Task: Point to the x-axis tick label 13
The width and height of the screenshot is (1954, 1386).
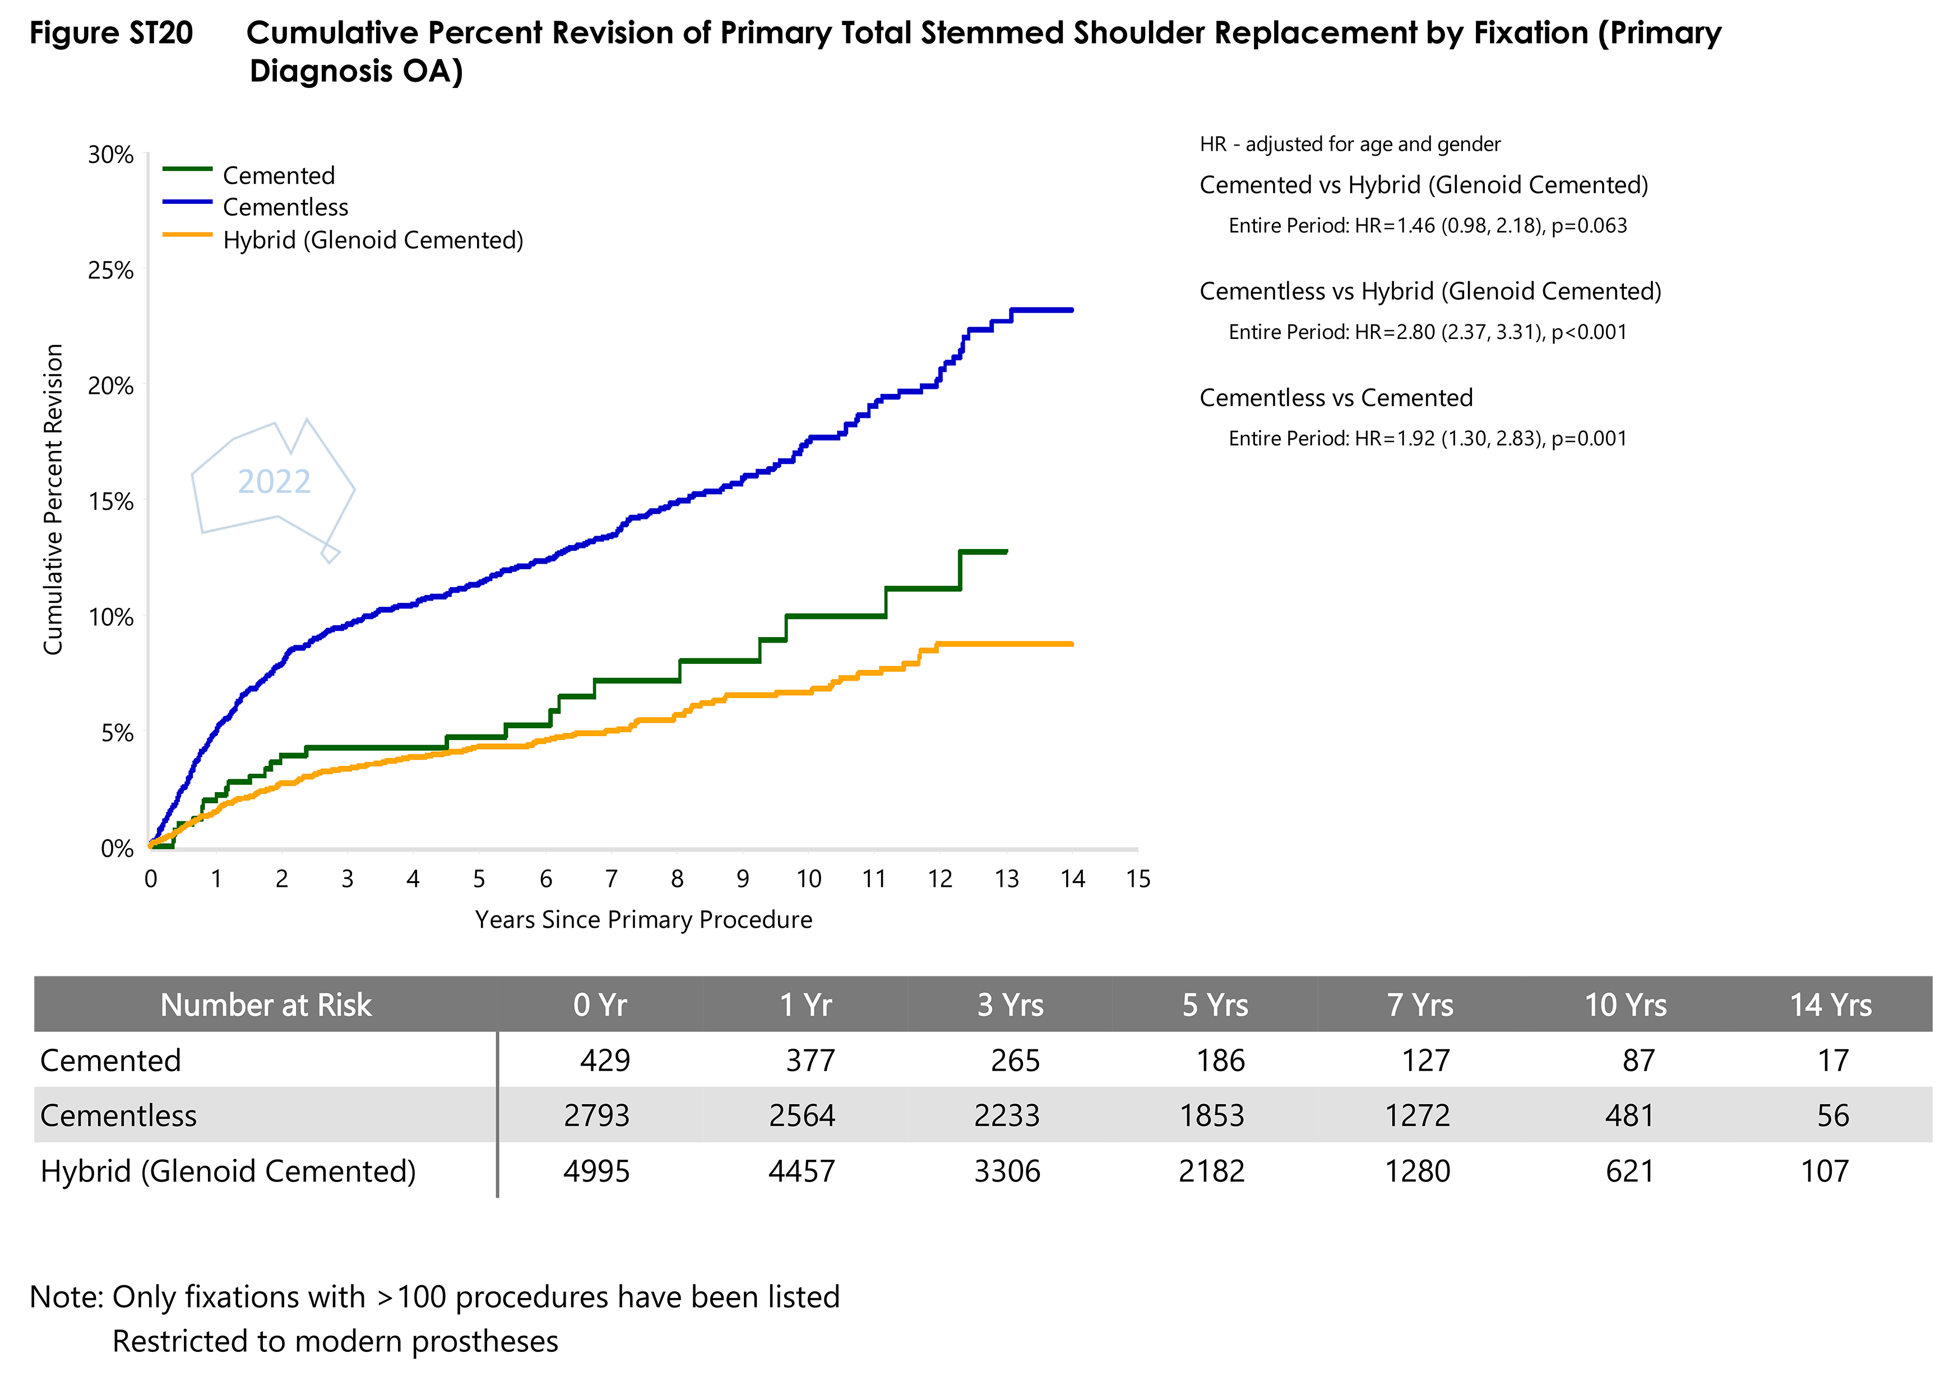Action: [x=1007, y=879]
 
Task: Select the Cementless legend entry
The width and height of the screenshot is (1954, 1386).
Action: [x=285, y=207]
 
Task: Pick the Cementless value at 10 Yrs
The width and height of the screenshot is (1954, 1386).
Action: [x=1629, y=1115]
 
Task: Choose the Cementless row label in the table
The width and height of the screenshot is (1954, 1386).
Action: [x=119, y=1115]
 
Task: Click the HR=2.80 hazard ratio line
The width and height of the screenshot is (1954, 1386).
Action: [x=1427, y=332]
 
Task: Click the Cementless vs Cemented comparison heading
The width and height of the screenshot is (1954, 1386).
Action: [x=1336, y=398]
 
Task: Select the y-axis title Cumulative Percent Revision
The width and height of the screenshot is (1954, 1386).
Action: [x=53, y=499]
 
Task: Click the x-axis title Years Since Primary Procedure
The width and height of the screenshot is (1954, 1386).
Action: [x=643, y=920]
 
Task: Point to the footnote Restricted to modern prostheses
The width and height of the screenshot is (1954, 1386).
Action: [x=336, y=1342]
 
